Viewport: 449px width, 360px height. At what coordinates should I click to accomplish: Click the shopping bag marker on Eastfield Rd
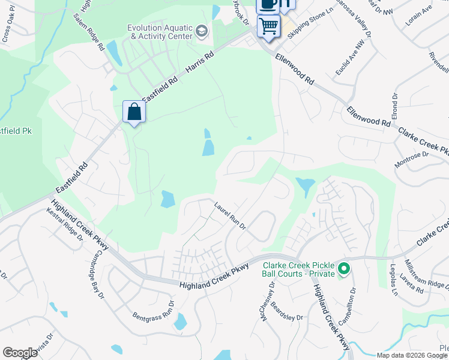(134, 112)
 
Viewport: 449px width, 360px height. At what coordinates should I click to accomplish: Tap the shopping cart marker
(268, 26)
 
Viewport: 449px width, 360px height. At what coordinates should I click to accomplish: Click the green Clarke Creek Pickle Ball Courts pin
(344, 269)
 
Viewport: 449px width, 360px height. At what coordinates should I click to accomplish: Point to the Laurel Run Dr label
(231, 215)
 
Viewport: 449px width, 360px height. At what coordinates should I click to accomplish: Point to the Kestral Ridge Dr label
(65, 224)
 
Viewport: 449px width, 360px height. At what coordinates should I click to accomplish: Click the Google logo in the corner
(20, 352)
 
